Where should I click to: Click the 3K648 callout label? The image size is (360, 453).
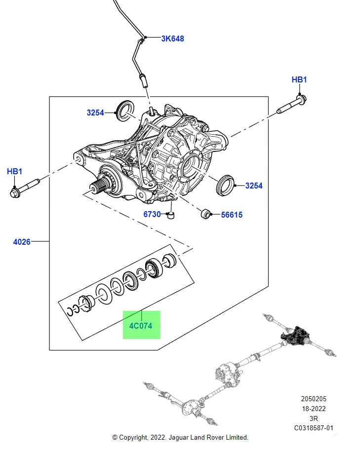click(x=172, y=38)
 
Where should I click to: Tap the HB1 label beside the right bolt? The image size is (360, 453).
click(x=299, y=79)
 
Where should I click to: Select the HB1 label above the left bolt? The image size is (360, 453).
click(x=14, y=171)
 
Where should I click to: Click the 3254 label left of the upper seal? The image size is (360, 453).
click(x=95, y=113)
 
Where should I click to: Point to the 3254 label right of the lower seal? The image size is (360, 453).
click(x=254, y=186)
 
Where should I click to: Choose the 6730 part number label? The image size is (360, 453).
click(x=152, y=214)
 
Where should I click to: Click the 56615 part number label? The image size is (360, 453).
click(x=232, y=215)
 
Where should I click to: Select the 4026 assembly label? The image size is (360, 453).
click(x=22, y=242)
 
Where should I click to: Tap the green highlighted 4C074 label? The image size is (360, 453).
click(x=141, y=326)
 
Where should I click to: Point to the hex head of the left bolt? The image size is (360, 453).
click(x=15, y=193)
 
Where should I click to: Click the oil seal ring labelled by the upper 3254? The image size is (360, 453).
click(x=125, y=110)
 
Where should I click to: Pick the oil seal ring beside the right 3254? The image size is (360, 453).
click(x=225, y=185)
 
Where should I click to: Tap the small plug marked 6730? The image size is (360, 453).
click(x=171, y=215)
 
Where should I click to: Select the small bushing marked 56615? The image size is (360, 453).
click(x=205, y=214)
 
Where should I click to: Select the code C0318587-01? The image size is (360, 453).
click(x=314, y=428)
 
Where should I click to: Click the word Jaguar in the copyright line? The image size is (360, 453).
click(x=178, y=437)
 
